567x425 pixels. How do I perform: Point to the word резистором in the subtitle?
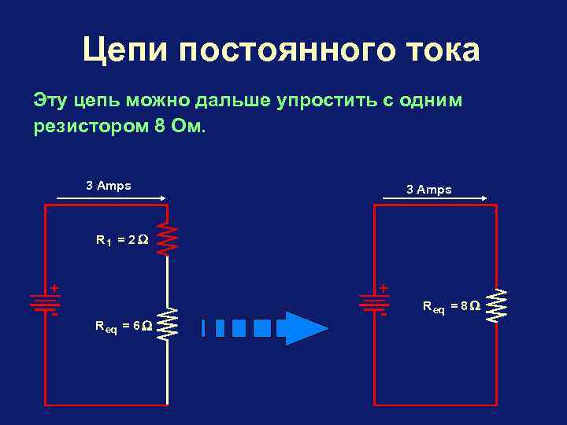[x=87, y=126]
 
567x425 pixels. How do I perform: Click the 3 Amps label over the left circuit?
[x=109, y=186]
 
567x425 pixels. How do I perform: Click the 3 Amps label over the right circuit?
[x=428, y=190]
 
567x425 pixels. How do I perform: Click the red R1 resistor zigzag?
[x=168, y=238]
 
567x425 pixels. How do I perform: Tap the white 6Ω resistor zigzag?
[x=168, y=323]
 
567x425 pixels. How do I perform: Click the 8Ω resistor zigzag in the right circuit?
[x=496, y=306]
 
